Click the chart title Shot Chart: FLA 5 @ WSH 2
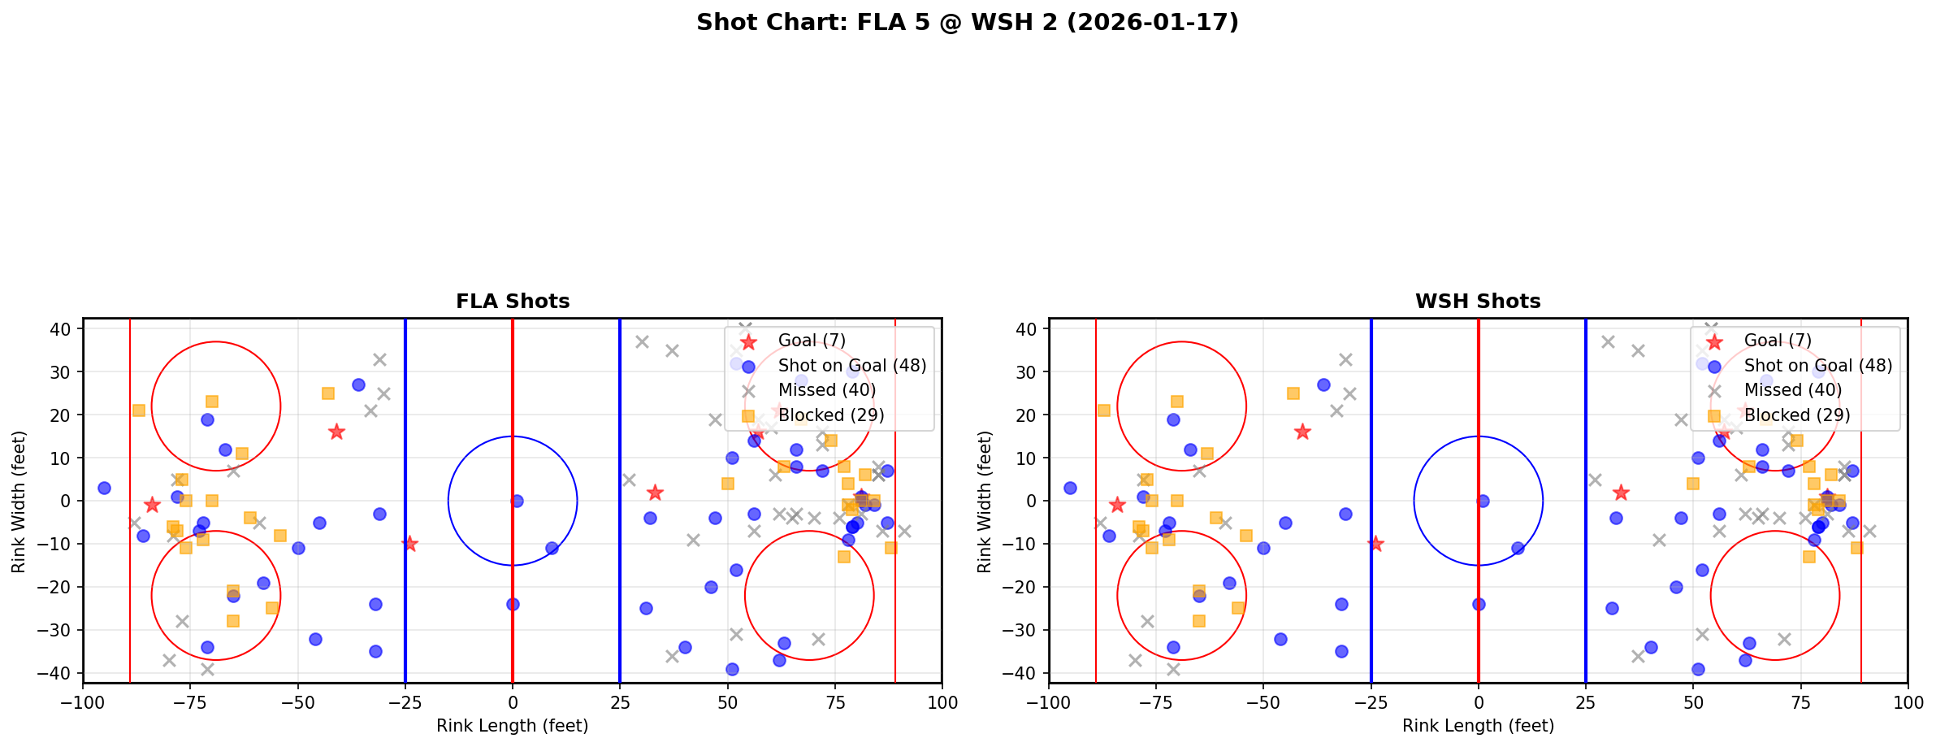[967, 22]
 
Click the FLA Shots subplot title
[513, 302]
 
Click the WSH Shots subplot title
[1478, 302]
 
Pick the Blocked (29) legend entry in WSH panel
[1797, 415]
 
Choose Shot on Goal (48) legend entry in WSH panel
[1818, 366]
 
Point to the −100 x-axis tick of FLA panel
[83, 702]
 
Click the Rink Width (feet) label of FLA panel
[19, 501]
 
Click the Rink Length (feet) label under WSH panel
[1478, 726]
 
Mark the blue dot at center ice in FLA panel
[517, 501]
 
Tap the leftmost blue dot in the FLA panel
[104, 488]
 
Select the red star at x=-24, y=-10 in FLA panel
[409, 544]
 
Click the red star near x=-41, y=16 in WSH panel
[1302, 432]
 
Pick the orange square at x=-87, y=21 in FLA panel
[139, 410]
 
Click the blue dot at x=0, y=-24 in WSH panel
[1479, 604]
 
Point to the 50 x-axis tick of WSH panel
[1693, 702]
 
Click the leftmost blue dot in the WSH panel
[1070, 488]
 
